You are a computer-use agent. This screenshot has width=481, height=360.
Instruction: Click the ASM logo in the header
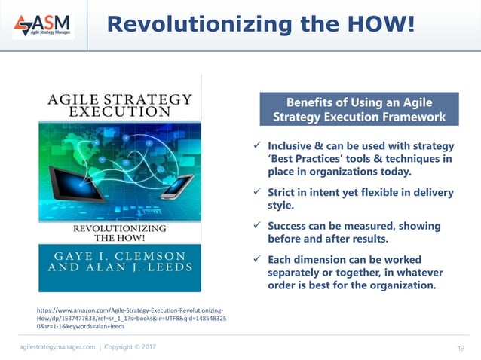tap(43, 25)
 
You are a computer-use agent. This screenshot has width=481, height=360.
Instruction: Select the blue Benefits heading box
tap(359, 109)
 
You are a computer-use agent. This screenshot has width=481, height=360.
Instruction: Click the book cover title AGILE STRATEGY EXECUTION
tap(120, 105)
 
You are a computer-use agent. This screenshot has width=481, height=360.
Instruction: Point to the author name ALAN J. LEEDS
tap(120, 268)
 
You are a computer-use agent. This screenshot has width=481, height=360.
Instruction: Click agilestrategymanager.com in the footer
tap(57, 346)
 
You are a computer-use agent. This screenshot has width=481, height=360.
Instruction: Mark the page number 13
tap(462, 347)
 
